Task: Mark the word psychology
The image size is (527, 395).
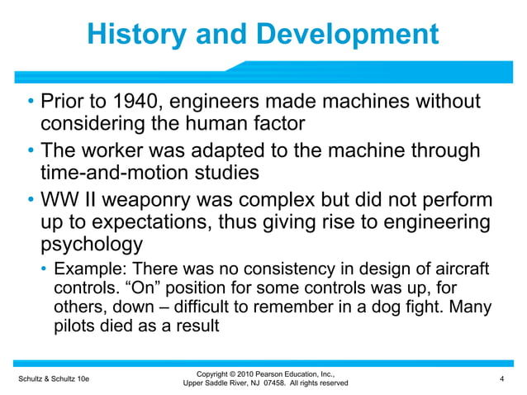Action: click(x=92, y=245)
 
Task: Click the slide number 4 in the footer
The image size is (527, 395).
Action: click(x=502, y=378)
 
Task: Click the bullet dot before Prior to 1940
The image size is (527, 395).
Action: click(x=29, y=102)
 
